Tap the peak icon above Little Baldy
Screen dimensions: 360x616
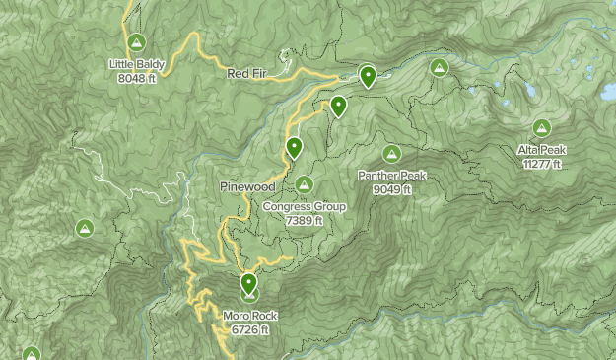click(136, 42)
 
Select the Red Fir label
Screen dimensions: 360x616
click(246, 74)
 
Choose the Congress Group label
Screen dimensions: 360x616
click(305, 207)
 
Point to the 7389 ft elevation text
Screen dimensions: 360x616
click(305, 221)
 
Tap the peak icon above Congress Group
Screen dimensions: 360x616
click(304, 184)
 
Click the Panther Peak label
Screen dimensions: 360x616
click(392, 177)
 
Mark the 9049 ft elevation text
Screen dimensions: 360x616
click(392, 189)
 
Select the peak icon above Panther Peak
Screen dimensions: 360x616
click(392, 154)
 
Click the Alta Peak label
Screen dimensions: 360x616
click(542, 150)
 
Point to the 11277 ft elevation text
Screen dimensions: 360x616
click(542, 164)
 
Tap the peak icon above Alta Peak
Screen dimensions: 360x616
click(541, 127)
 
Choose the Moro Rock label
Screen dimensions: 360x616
click(250, 317)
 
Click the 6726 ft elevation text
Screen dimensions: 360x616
click(250, 329)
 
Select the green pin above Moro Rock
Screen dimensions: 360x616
click(248, 284)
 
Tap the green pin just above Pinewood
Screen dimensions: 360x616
click(294, 148)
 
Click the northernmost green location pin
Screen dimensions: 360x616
click(368, 74)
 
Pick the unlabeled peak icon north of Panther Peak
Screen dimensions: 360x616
click(440, 68)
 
